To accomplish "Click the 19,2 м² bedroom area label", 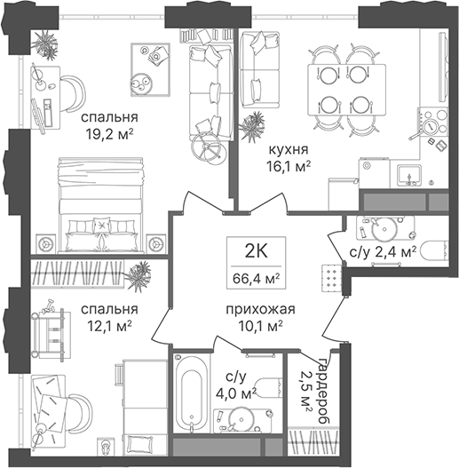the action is [x=109, y=135].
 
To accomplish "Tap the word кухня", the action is [x=289, y=149].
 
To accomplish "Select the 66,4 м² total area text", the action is [x=256, y=279].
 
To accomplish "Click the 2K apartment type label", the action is [x=257, y=251].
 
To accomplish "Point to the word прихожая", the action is [x=260, y=310].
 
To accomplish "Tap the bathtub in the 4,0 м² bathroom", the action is [x=191, y=394].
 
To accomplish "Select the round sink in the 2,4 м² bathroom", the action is [x=384, y=229].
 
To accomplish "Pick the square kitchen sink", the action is [x=409, y=174].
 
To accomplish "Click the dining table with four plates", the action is [x=346, y=90].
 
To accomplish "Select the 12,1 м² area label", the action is [x=109, y=328].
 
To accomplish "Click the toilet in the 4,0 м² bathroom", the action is [x=269, y=388].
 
